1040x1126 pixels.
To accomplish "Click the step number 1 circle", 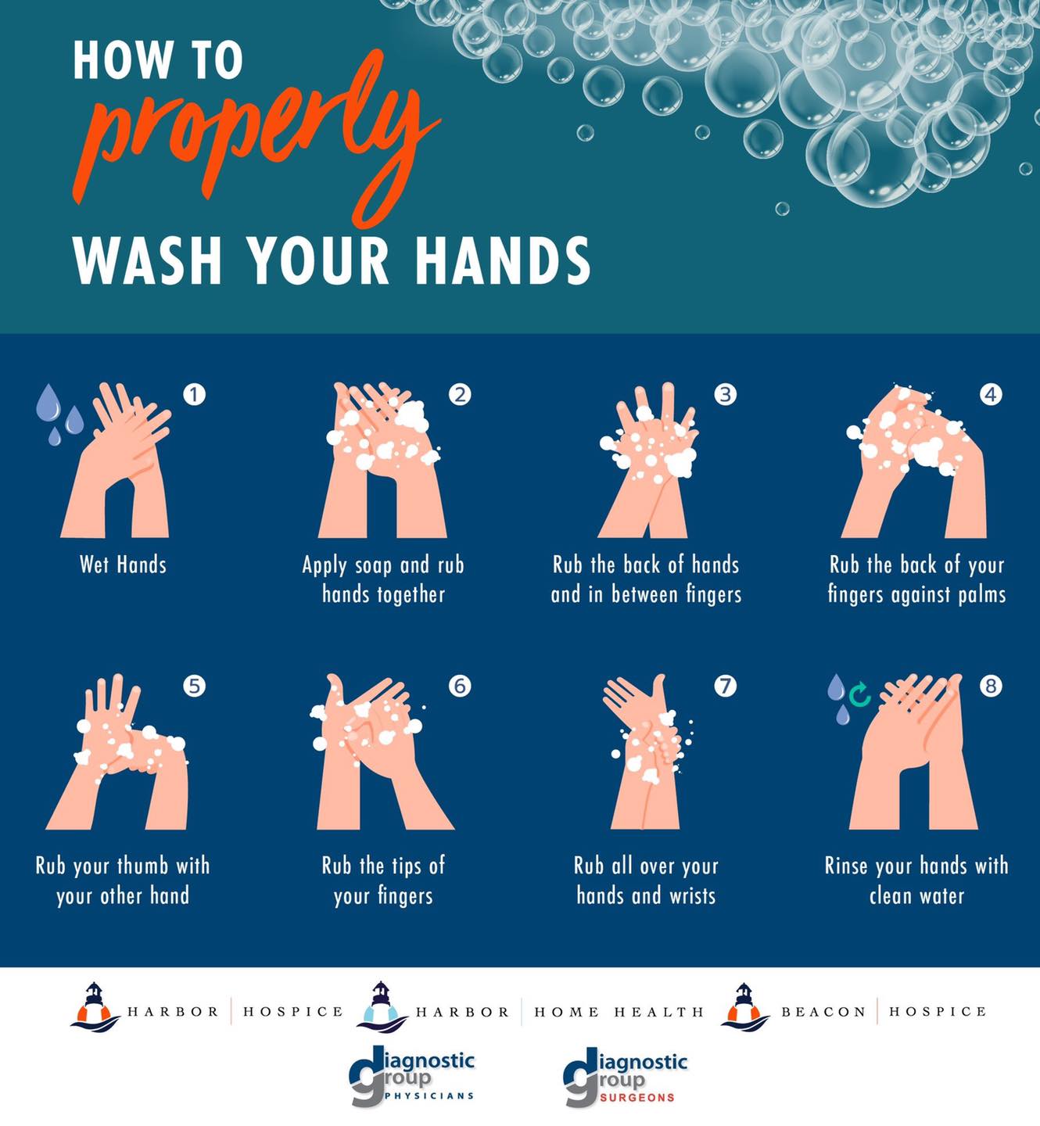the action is (194, 394).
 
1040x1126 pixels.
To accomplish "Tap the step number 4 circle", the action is (991, 394).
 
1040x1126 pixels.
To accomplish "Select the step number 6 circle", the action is (460, 686).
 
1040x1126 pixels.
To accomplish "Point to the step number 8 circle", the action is (991, 686).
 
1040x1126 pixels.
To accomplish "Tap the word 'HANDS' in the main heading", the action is (503, 260).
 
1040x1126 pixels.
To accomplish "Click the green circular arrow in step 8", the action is (859, 695).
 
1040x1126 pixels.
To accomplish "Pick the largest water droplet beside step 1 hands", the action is (48, 402).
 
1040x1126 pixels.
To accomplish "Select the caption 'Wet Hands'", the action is (123, 565).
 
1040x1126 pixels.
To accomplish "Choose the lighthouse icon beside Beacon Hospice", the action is (744, 1007).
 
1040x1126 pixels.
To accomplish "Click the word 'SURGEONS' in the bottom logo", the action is (637, 1098).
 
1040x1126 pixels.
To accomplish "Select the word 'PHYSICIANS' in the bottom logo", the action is (429, 1096).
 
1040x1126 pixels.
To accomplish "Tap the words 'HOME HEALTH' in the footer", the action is (619, 1012).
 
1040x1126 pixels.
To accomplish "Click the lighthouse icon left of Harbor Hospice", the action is (95, 1007).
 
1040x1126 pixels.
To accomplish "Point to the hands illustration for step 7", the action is (647, 751).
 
